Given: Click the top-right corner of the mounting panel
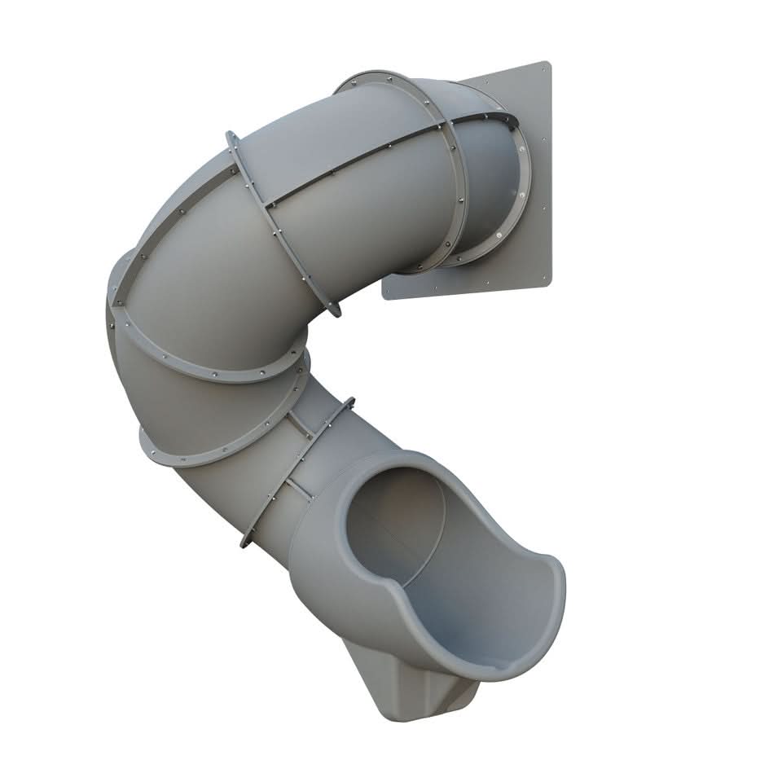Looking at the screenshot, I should (x=548, y=64).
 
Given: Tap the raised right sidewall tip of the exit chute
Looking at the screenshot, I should (x=554, y=562).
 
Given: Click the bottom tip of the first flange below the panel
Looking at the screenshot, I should (x=334, y=310).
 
